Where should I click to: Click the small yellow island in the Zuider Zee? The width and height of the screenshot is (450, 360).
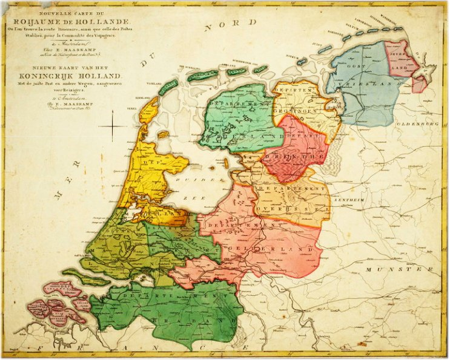pyautogui.click(x=162, y=134)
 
